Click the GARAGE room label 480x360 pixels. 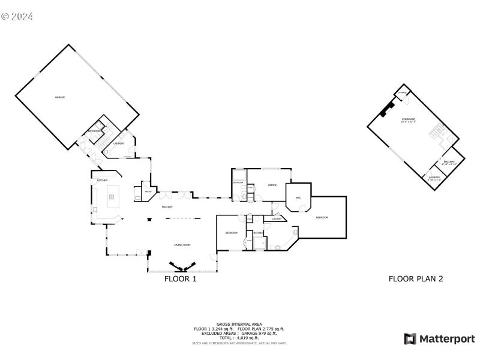(x=60, y=97)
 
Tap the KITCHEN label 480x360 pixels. (x=103, y=181)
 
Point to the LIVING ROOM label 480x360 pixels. (x=182, y=245)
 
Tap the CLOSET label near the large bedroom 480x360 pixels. (x=277, y=219)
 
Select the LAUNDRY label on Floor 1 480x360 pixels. (x=119, y=143)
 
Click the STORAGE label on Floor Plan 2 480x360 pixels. (x=403, y=93)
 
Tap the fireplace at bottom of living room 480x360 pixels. (x=182, y=266)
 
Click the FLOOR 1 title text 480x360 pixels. (x=181, y=279)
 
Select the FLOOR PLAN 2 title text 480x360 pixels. (x=416, y=279)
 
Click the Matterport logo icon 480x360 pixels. (x=410, y=339)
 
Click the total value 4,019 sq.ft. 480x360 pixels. (x=247, y=338)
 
